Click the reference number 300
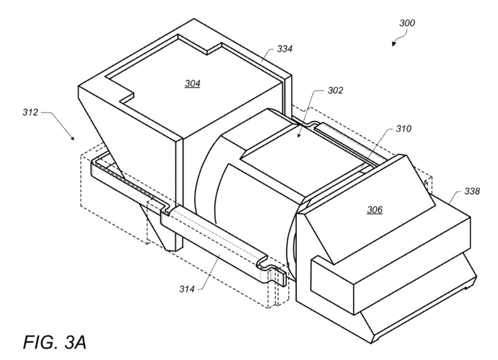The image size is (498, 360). [407, 23]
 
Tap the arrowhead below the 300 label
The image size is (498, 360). [394, 44]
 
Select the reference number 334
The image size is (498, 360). [284, 49]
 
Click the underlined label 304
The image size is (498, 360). [192, 84]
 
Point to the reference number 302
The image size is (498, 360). [335, 91]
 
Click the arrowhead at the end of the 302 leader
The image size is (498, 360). [299, 136]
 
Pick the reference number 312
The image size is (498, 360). [30, 112]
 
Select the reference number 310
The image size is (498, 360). [403, 129]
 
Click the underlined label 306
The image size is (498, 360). [375, 210]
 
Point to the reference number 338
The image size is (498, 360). [472, 191]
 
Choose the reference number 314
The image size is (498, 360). [187, 289]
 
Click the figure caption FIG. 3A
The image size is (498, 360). [54, 342]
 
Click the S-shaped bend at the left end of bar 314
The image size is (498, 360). [167, 209]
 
